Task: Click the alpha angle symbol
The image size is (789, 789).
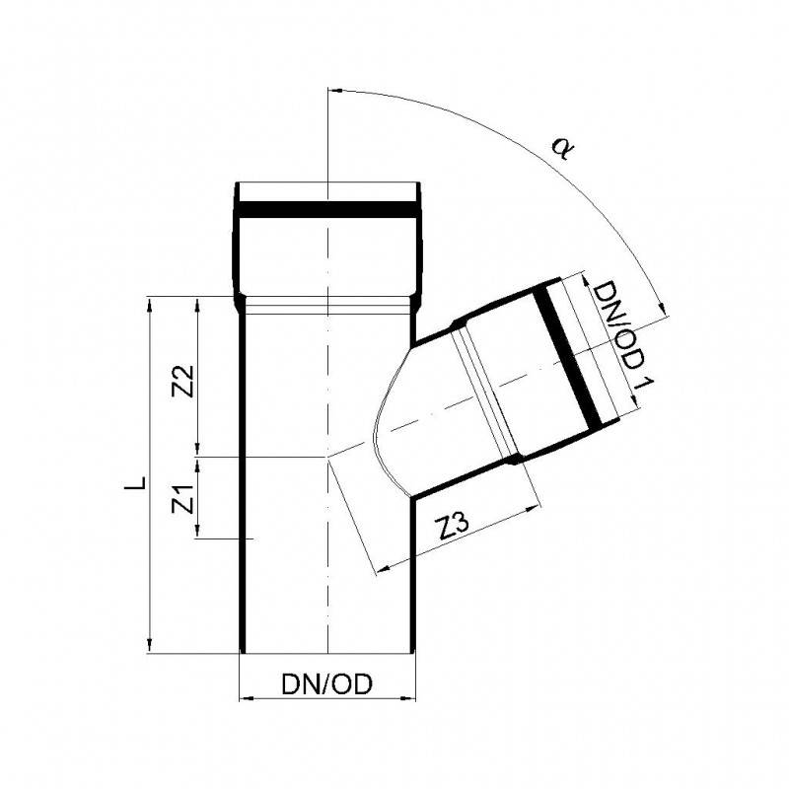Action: pos(563,149)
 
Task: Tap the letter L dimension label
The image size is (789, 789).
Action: pos(136,482)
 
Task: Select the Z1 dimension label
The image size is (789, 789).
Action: pos(182,499)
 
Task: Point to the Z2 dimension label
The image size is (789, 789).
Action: pos(182,381)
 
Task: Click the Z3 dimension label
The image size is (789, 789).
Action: pos(454,526)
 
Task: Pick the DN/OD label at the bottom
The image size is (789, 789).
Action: pos(327,683)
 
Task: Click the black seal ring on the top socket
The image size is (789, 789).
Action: pos(328,210)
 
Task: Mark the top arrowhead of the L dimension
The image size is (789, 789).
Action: pos(149,304)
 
